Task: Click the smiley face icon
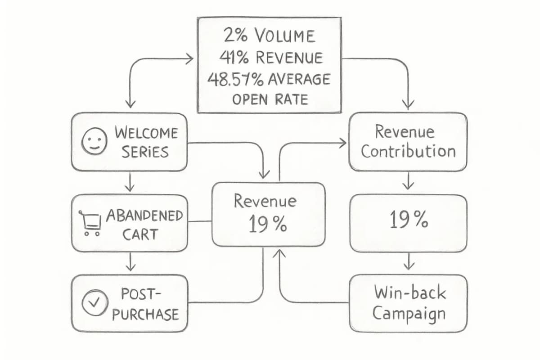pos(94,141)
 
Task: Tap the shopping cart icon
pos(90,223)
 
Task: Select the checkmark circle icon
pos(94,302)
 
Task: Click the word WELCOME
pos(146,133)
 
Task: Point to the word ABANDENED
pos(144,215)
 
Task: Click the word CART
pos(140,234)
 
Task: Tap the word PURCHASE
pos(146,314)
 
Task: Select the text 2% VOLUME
pos(269,36)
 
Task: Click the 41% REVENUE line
pos(271,58)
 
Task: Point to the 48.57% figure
pos(235,79)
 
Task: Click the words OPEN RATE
pos(270,99)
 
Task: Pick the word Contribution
pos(409,152)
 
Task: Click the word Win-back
pos(410,292)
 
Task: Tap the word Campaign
pos(409,314)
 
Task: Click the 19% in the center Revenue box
pos(268,224)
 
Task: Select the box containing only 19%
pos(408,223)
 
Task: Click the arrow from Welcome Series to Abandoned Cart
pos(130,182)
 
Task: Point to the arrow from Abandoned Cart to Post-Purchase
pos(130,261)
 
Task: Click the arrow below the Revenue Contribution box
pos(408,181)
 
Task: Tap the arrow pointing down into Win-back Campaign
pos(409,261)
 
